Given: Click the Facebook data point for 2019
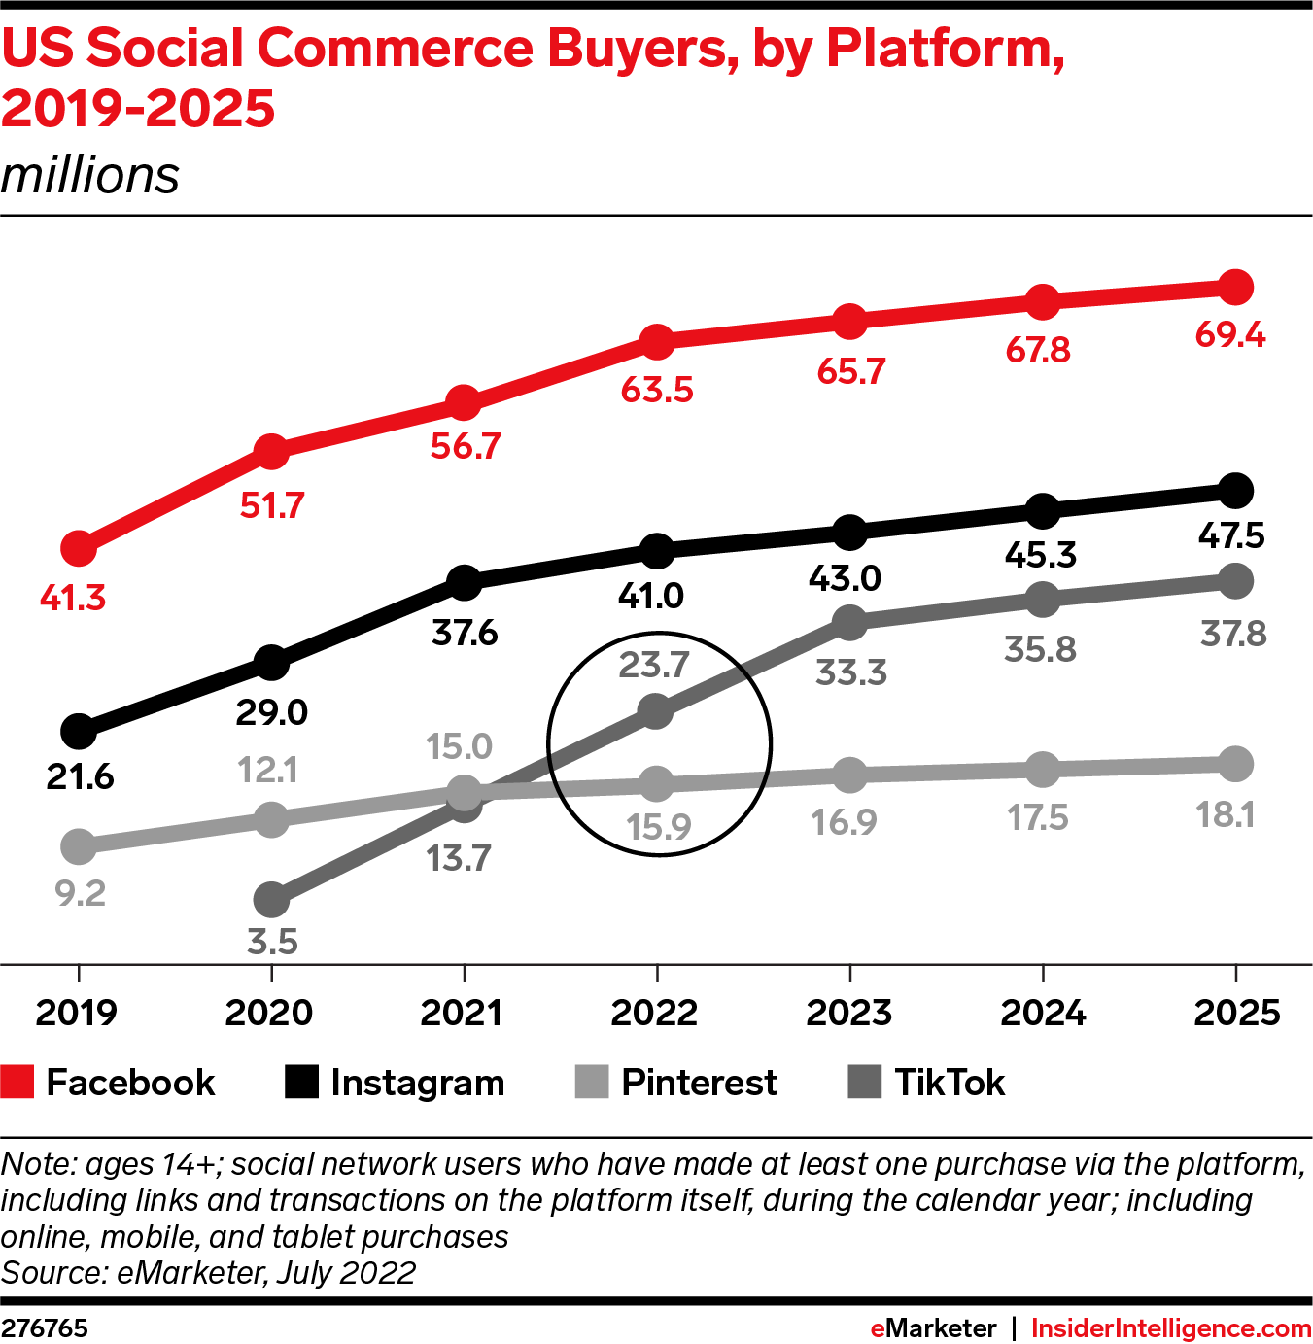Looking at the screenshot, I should [79, 548].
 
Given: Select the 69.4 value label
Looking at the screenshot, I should [1230, 334].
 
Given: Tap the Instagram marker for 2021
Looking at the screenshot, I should [465, 583].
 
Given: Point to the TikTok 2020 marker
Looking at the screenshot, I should [271, 900].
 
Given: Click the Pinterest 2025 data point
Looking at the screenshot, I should [1235, 764].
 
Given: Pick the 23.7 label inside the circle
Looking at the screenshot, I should [654, 665].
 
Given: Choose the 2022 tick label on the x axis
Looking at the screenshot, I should [654, 1013].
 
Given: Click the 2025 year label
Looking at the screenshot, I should [1236, 1013].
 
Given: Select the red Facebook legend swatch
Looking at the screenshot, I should [17, 1082].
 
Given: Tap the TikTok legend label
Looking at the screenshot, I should [950, 1082].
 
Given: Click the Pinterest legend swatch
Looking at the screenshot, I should [591, 1082].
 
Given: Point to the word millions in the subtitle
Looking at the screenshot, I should [90, 176].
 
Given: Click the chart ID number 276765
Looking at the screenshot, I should [45, 1328].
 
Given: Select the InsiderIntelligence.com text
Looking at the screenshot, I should [1171, 1328].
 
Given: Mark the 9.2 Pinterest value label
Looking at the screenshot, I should [80, 892].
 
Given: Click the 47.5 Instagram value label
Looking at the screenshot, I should [1231, 535].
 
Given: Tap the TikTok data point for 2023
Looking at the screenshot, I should [849, 622].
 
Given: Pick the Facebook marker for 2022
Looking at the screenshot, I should [657, 341].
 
